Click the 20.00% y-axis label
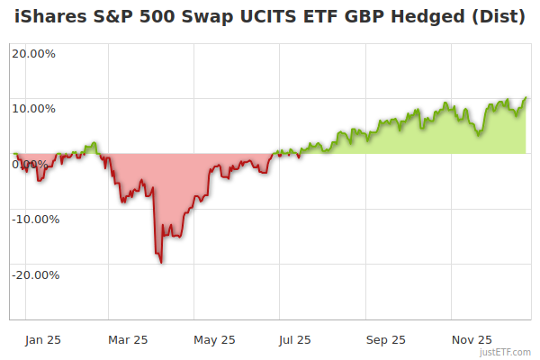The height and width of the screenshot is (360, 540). (33, 53)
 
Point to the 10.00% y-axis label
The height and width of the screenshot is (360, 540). (33, 109)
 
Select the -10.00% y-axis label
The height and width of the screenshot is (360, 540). (33, 219)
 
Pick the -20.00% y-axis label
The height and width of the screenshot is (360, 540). (33, 274)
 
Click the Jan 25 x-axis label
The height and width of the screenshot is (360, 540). (42, 339)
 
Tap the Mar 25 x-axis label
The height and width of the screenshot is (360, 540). (128, 339)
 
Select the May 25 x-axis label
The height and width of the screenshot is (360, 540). (214, 339)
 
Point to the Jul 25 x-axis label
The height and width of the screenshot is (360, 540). (296, 339)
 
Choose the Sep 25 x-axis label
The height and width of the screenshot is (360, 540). (385, 339)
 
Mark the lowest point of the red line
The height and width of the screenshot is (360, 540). (161, 263)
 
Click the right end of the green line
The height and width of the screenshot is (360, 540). (526, 97)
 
